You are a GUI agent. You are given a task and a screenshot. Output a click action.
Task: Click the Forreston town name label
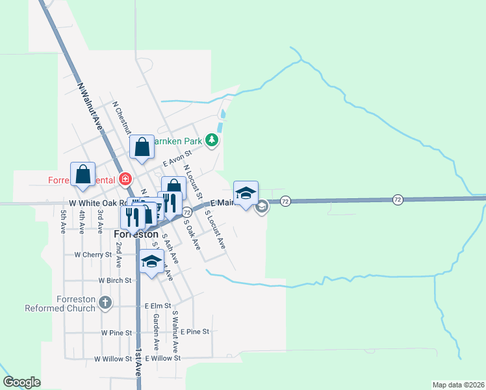(136, 234)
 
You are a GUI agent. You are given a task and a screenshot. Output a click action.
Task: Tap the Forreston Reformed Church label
(60, 304)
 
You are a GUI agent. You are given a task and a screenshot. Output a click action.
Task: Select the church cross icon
(105, 302)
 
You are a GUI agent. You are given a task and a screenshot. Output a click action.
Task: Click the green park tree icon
(211, 140)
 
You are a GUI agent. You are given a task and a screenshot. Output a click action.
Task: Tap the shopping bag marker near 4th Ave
(83, 174)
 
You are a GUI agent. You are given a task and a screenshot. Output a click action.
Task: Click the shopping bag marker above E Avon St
(142, 148)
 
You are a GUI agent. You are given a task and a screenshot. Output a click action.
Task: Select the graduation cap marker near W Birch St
(152, 262)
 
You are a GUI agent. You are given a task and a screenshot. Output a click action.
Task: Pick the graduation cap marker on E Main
(246, 194)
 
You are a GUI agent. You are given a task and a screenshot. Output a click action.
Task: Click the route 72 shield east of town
(398, 198)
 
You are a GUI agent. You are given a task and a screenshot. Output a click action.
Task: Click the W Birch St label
(115, 280)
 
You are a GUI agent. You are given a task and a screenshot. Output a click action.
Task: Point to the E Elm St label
(158, 305)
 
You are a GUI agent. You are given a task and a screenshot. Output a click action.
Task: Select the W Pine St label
(116, 332)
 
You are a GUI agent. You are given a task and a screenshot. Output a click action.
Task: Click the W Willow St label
(113, 358)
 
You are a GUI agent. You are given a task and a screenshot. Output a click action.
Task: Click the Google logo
(21, 382)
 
